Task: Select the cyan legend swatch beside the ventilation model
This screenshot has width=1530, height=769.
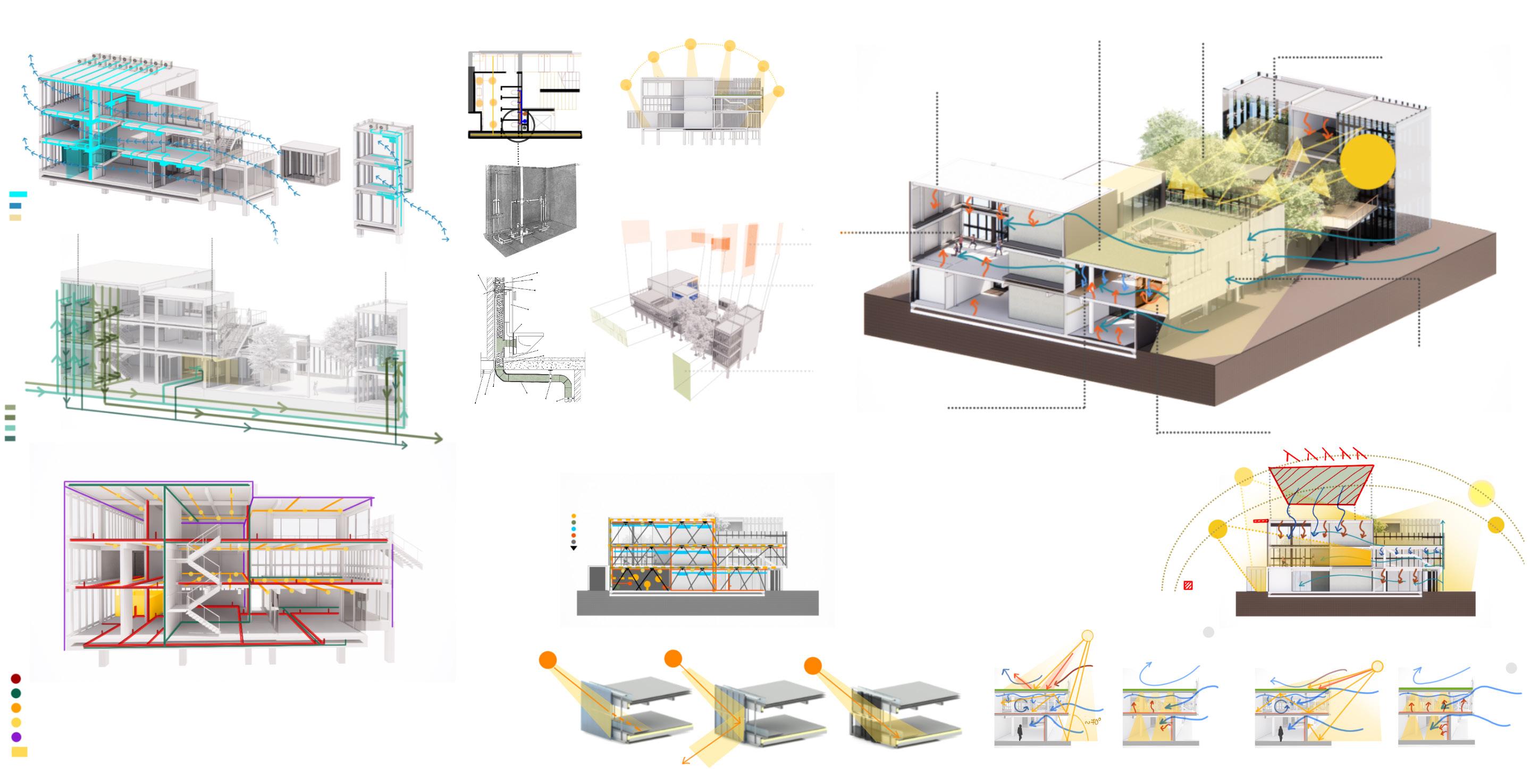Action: click(x=19, y=194)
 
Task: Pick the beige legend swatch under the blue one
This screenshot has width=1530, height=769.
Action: click(x=15, y=218)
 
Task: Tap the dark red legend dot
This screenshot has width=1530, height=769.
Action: click(x=16, y=679)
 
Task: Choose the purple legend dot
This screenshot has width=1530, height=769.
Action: click(x=16, y=737)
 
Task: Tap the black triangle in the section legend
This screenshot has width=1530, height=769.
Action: click(x=574, y=548)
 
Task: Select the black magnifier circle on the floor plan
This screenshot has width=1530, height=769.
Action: click(x=518, y=126)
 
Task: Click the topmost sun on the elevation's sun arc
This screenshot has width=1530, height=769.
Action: click(x=690, y=44)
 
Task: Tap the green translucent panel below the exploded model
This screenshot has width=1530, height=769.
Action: click(x=683, y=377)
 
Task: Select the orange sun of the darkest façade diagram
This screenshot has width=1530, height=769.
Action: click(x=812, y=666)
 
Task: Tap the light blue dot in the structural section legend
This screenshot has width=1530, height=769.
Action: click(x=574, y=528)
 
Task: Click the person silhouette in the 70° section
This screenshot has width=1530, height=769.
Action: click(x=1020, y=732)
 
